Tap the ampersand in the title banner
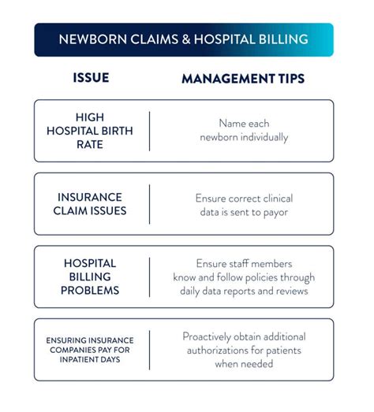(x=170, y=39)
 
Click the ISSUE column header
(x=91, y=79)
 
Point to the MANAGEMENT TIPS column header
(x=242, y=79)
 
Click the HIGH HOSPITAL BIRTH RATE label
(x=91, y=131)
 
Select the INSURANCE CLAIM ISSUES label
(x=91, y=204)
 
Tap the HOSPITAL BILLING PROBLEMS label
(x=91, y=277)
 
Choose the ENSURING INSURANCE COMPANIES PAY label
(x=91, y=350)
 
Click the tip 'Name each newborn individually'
(x=242, y=131)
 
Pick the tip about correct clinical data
(x=242, y=204)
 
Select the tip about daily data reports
(x=242, y=277)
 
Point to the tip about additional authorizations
(x=242, y=350)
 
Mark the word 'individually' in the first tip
(x=264, y=138)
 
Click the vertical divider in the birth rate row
(x=149, y=131)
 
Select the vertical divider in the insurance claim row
(x=149, y=204)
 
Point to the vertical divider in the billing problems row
(x=149, y=277)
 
